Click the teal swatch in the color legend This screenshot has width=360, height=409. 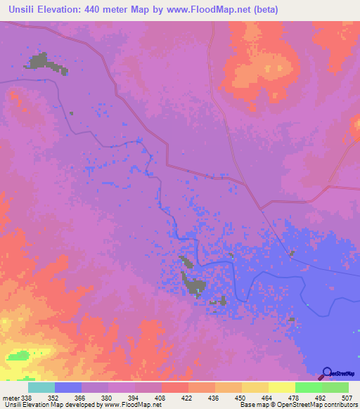click(41, 387)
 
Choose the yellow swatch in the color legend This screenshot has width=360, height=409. click(281, 387)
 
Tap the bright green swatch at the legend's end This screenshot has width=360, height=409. click(335, 387)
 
